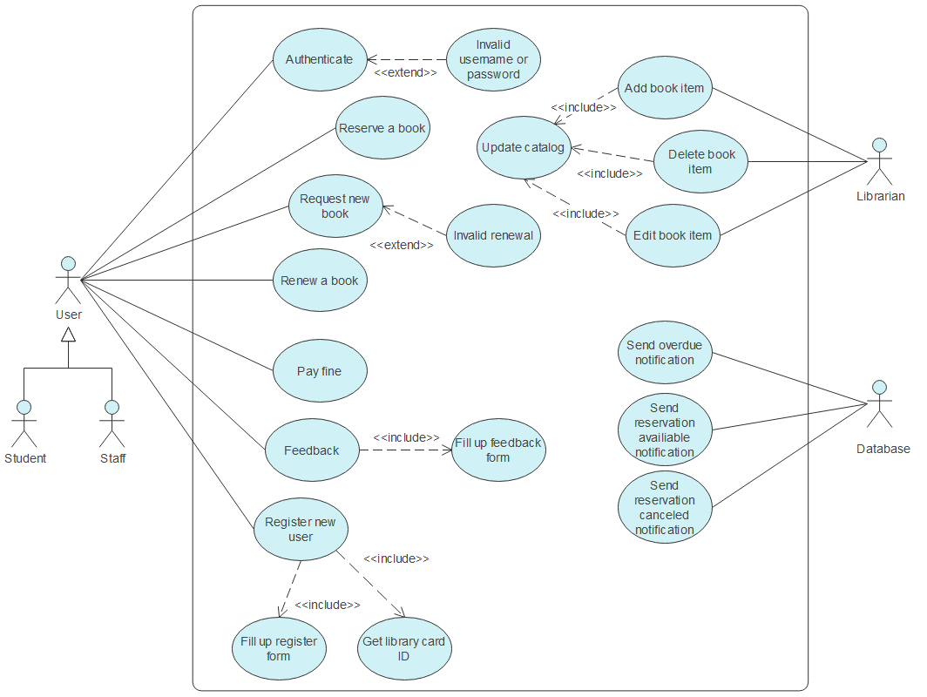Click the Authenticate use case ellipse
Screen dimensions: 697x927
(x=319, y=60)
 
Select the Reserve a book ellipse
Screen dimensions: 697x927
(x=382, y=128)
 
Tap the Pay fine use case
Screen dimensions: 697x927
(x=319, y=371)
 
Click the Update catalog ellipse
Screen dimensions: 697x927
(x=524, y=147)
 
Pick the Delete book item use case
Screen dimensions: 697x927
(x=700, y=162)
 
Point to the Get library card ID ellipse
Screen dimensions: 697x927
(x=404, y=648)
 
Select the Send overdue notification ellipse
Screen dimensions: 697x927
(x=665, y=353)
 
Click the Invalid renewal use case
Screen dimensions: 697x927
(x=492, y=235)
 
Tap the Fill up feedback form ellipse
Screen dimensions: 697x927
(x=497, y=450)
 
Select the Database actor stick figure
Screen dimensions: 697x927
(x=881, y=405)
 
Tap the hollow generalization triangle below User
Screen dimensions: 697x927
(x=68, y=335)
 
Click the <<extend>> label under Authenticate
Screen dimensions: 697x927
(x=405, y=73)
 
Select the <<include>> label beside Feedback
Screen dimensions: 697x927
(x=406, y=437)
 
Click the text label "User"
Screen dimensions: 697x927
(x=68, y=315)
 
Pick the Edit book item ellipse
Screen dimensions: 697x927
(x=673, y=235)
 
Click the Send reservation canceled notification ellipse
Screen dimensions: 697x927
(x=665, y=507)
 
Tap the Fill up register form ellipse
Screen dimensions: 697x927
(x=279, y=648)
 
